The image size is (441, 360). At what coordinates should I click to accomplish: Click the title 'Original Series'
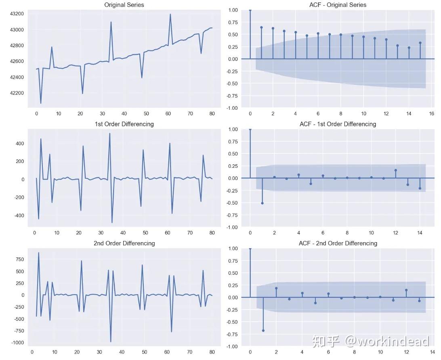[124, 5]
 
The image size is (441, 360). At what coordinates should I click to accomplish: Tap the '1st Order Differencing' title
[124, 124]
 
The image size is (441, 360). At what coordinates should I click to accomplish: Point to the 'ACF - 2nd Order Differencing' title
[338, 243]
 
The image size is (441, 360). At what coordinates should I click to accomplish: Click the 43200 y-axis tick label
[17, 14]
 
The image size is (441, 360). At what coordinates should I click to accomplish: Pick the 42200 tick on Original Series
[17, 93]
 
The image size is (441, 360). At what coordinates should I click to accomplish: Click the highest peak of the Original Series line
[170, 15]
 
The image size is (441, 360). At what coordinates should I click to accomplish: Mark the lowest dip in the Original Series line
[41, 103]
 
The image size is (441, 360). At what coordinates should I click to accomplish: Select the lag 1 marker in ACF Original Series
[261, 27]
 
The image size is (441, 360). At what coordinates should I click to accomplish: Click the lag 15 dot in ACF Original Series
[420, 43]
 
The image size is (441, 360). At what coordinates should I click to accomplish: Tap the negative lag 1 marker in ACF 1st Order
[262, 203]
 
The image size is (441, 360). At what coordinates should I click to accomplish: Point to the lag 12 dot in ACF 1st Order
[396, 170]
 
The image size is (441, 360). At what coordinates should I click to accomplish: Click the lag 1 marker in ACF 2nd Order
[263, 331]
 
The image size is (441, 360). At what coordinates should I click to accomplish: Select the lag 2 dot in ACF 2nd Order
[276, 288]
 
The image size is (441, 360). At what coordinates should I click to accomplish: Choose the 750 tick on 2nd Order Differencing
[19, 260]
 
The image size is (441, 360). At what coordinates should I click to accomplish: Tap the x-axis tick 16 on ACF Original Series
[432, 114]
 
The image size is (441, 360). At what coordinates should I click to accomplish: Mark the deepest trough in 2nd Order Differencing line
[111, 342]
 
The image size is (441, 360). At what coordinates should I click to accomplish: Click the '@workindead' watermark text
[386, 342]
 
